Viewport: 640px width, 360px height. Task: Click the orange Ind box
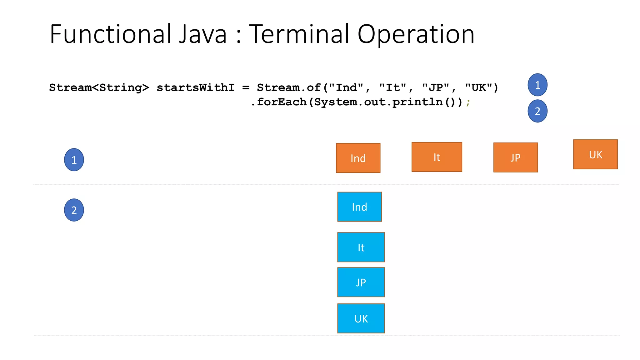pyautogui.click(x=358, y=158)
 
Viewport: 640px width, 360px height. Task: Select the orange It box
pyautogui.click(x=437, y=157)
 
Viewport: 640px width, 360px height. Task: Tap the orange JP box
pyautogui.click(x=515, y=157)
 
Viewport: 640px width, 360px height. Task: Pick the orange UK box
pyautogui.click(x=595, y=154)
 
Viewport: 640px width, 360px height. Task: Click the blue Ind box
pyautogui.click(x=359, y=207)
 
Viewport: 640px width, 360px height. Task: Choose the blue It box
pyautogui.click(x=361, y=247)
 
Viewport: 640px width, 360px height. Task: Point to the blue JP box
pyautogui.click(x=361, y=282)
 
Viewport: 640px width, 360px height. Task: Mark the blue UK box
pyautogui.click(x=361, y=318)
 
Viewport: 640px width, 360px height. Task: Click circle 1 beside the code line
pyautogui.click(x=537, y=85)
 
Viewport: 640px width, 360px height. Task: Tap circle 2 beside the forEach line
pyautogui.click(x=537, y=111)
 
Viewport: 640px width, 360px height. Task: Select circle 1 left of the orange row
pyautogui.click(x=74, y=160)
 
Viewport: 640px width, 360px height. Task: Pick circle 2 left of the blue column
pyautogui.click(x=74, y=210)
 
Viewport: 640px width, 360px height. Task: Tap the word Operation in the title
pyautogui.click(x=416, y=34)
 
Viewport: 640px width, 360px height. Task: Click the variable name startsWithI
pyautogui.click(x=195, y=88)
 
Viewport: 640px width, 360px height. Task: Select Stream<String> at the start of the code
pyautogui.click(x=99, y=88)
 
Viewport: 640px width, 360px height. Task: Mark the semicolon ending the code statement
pyautogui.click(x=468, y=102)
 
